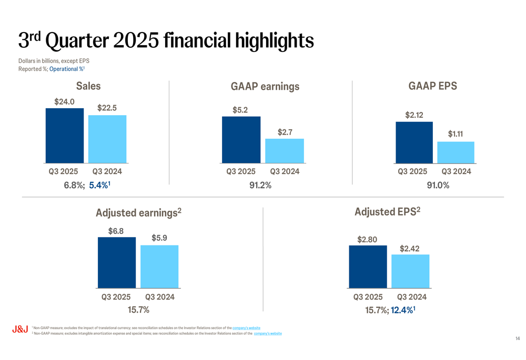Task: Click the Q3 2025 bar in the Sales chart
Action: (65, 136)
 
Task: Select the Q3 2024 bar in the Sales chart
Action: (107, 139)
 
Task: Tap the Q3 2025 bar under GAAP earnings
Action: (241, 140)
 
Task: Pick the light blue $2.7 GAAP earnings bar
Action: (285, 151)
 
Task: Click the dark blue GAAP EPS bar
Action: (414, 142)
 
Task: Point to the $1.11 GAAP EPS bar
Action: (456, 152)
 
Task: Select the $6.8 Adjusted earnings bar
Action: (117, 262)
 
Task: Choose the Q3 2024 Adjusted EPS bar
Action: (410, 271)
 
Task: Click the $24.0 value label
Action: (64, 101)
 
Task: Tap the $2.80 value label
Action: (367, 239)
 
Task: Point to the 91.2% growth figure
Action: (260, 185)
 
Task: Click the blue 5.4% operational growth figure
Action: (99, 185)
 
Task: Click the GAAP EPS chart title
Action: (432, 86)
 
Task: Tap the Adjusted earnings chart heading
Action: (138, 213)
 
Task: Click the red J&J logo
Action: (20, 330)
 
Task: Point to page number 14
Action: (518, 338)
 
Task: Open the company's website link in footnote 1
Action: (246, 328)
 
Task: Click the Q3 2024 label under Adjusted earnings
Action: (160, 297)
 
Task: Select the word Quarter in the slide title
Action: (77, 41)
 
